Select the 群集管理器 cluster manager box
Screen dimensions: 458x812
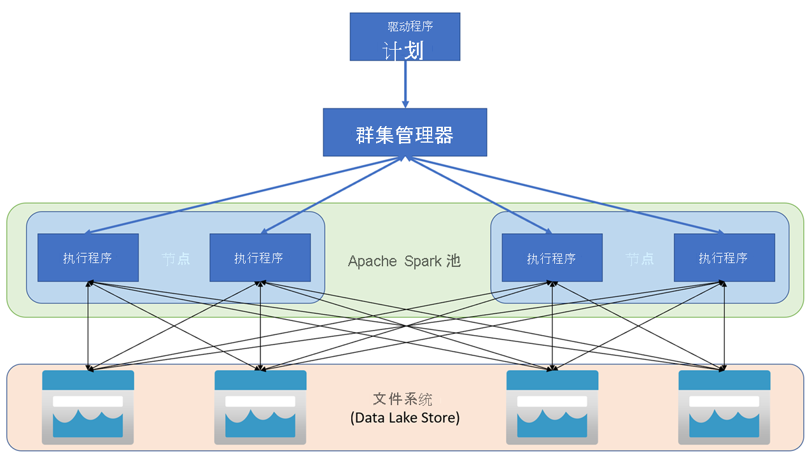point(405,132)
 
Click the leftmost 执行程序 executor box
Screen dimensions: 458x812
point(88,258)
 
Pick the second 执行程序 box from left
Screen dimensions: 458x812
point(260,258)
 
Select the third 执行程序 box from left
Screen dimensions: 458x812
point(552,258)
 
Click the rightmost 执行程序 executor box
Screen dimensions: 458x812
point(724,258)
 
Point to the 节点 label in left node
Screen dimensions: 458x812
point(176,259)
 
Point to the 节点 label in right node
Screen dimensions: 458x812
point(639,259)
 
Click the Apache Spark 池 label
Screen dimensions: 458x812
point(404,261)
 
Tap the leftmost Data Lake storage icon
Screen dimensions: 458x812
point(88,407)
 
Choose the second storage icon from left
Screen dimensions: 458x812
point(260,407)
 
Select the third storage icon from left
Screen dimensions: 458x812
point(552,407)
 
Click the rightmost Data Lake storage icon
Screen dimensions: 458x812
point(724,407)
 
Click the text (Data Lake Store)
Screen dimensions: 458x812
point(405,419)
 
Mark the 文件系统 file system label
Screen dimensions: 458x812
point(403,399)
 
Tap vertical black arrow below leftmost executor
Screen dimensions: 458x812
point(88,325)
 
